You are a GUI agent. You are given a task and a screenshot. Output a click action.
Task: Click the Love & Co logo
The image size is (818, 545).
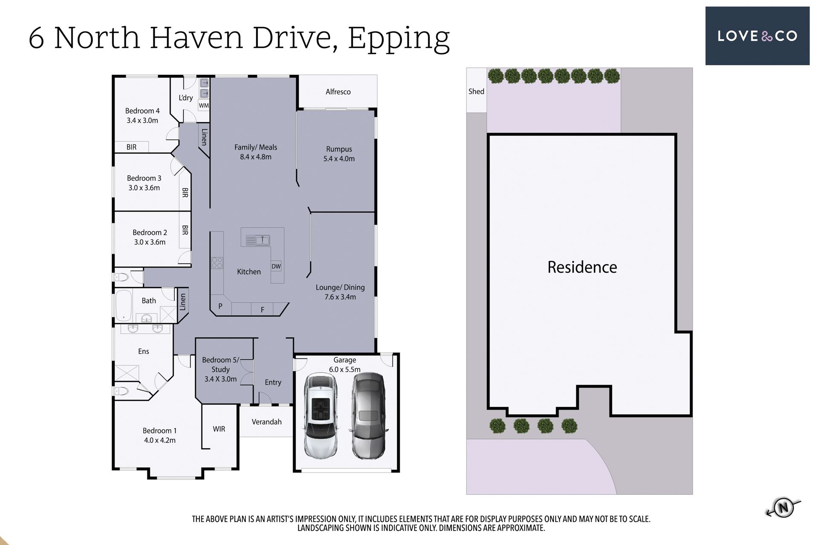pyautogui.click(x=757, y=36)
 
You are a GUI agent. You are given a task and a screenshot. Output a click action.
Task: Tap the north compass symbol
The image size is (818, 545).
pyautogui.click(x=783, y=507)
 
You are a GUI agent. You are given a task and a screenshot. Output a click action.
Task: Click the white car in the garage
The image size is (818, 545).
pyautogui.click(x=320, y=416)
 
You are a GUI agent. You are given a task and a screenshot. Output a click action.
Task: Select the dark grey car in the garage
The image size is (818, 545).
pyautogui.click(x=369, y=416)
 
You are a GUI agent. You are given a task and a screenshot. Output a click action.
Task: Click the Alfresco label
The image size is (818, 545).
pyautogui.click(x=338, y=92)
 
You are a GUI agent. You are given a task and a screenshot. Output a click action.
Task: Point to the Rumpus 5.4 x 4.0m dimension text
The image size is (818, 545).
pyautogui.click(x=339, y=158)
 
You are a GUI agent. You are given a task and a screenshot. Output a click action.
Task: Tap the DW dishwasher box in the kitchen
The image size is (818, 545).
pyautogui.click(x=276, y=267)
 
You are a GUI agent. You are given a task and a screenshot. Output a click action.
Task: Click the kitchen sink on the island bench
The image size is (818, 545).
pyautogui.click(x=258, y=241)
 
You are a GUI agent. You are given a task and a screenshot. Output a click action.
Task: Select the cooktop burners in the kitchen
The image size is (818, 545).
pyautogui.click(x=217, y=263)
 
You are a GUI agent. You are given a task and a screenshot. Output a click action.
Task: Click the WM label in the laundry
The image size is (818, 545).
pyautogui.click(x=204, y=105)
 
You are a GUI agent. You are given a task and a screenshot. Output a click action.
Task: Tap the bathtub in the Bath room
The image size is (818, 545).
pyautogui.click(x=124, y=305)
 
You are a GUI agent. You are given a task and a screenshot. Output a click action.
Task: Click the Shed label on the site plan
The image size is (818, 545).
pyautogui.click(x=476, y=91)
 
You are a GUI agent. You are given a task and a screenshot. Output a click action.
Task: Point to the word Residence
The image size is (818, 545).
pyautogui.click(x=582, y=267)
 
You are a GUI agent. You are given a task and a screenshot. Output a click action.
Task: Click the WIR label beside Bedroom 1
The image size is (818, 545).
pyautogui.click(x=219, y=429)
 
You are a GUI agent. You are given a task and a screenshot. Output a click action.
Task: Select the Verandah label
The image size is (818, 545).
pyautogui.click(x=267, y=422)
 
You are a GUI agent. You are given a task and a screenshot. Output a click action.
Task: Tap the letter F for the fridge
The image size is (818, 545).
pyautogui.click(x=262, y=310)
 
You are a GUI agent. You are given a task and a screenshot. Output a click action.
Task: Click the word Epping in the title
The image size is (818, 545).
pyautogui.click(x=399, y=39)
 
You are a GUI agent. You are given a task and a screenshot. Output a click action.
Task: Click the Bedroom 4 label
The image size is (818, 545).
pyautogui.click(x=142, y=111)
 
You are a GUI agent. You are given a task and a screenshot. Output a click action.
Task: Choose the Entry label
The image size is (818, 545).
pyautogui.click(x=273, y=382)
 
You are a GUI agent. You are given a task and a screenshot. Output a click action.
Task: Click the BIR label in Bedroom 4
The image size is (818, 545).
pyautogui.click(x=132, y=147)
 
